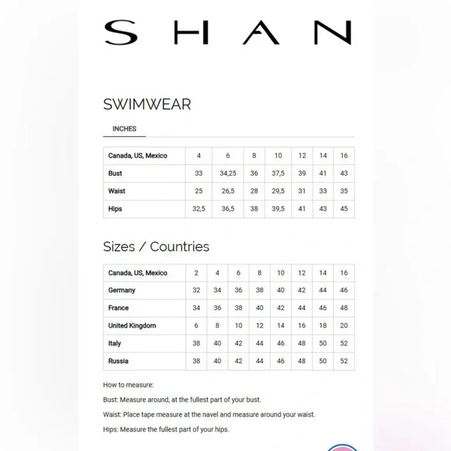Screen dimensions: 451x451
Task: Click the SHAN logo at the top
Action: click(x=227, y=32)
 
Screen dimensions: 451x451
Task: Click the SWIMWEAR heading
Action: click(x=147, y=104)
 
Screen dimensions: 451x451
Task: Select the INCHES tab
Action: click(x=124, y=129)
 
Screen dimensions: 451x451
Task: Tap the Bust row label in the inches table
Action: click(x=116, y=173)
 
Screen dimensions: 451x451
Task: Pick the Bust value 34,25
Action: click(x=228, y=173)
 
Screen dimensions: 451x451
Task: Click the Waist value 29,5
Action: click(x=278, y=191)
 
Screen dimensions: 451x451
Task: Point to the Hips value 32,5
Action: click(x=199, y=209)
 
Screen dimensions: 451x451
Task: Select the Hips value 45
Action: click(x=344, y=209)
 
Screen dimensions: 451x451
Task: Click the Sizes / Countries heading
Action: click(x=156, y=246)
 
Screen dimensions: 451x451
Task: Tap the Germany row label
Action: click(x=122, y=290)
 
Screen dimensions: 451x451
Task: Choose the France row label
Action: click(x=119, y=308)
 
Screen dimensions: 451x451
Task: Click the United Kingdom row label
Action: click(x=132, y=326)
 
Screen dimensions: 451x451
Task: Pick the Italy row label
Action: click(x=115, y=344)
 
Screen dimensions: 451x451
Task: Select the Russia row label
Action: click(x=119, y=362)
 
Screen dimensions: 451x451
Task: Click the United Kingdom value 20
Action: click(x=344, y=326)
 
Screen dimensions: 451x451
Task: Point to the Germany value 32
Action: click(x=196, y=290)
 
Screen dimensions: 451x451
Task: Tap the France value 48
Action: click(x=344, y=308)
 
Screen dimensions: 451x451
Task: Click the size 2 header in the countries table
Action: click(x=196, y=273)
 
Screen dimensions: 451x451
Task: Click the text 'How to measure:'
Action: click(x=129, y=385)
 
